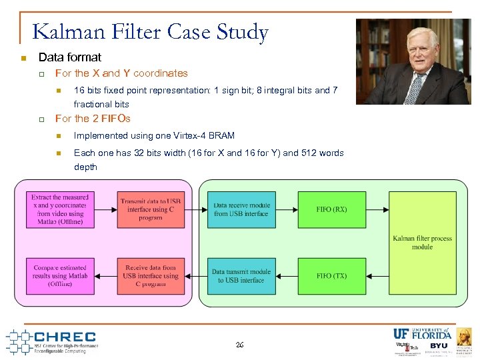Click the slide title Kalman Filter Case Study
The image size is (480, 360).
coord(150,32)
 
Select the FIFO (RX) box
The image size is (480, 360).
coord(331,209)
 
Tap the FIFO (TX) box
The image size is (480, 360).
coord(331,275)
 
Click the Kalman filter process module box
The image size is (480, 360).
coord(422,242)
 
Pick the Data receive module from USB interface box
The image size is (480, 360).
coord(241,209)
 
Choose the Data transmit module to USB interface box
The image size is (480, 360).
coord(241,275)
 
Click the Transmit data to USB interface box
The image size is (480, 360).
coord(150,209)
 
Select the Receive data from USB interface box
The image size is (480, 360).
coord(150,275)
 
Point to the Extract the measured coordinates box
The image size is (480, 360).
coord(60,209)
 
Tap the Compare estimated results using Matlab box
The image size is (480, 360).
coord(60,275)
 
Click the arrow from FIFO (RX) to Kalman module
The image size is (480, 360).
coord(377,209)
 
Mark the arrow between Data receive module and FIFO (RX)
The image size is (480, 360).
coord(287,209)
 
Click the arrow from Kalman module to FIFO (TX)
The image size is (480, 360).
coord(377,275)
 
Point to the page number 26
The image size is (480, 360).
coord(239,345)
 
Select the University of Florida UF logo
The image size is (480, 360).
coord(422,334)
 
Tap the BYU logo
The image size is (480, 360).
coord(439,346)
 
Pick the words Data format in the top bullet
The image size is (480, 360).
coord(70,57)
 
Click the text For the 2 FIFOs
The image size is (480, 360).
coord(93,119)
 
